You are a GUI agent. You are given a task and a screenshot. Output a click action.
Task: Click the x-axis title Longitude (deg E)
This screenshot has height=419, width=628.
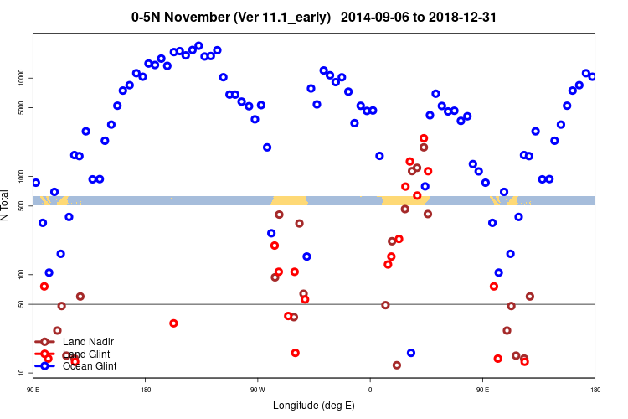tap(314, 406)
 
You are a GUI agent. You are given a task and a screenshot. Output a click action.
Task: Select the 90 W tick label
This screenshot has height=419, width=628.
tap(257, 389)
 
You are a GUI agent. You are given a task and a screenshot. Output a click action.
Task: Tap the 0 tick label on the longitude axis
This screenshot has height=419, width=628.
tap(370, 389)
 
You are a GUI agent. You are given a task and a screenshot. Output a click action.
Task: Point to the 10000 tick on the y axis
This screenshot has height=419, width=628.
tap(20, 78)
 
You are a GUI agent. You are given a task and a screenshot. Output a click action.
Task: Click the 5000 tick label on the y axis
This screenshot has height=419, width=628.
tap(20, 107)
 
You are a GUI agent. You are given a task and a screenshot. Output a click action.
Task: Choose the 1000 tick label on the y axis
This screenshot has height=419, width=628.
tap(20, 176)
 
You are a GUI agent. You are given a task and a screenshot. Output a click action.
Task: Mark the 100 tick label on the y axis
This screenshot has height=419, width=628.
tap(20, 274)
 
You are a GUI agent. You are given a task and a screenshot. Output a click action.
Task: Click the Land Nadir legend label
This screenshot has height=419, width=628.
tap(88, 341)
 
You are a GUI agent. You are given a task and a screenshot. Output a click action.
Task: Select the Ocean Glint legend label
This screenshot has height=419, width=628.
tap(90, 365)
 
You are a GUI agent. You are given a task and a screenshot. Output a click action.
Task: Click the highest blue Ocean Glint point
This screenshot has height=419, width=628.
tap(198, 45)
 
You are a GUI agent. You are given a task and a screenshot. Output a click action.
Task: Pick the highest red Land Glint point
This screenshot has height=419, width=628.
tap(424, 138)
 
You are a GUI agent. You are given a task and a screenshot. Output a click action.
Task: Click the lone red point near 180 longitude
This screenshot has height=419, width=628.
tap(173, 323)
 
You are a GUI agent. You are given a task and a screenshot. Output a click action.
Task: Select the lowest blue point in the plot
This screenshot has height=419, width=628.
tap(410, 353)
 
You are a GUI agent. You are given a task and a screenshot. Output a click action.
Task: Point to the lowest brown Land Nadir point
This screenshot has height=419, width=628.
tap(397, 365)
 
